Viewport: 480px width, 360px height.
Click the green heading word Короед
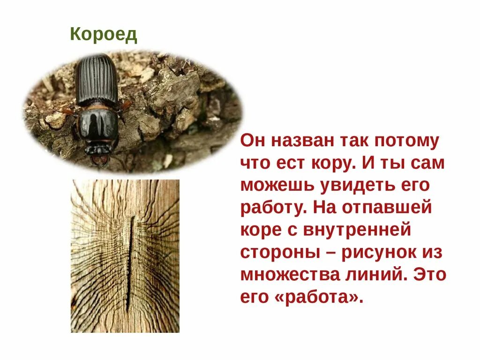tap(104, 35)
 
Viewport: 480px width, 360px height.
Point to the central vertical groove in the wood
tap(130, 262)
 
